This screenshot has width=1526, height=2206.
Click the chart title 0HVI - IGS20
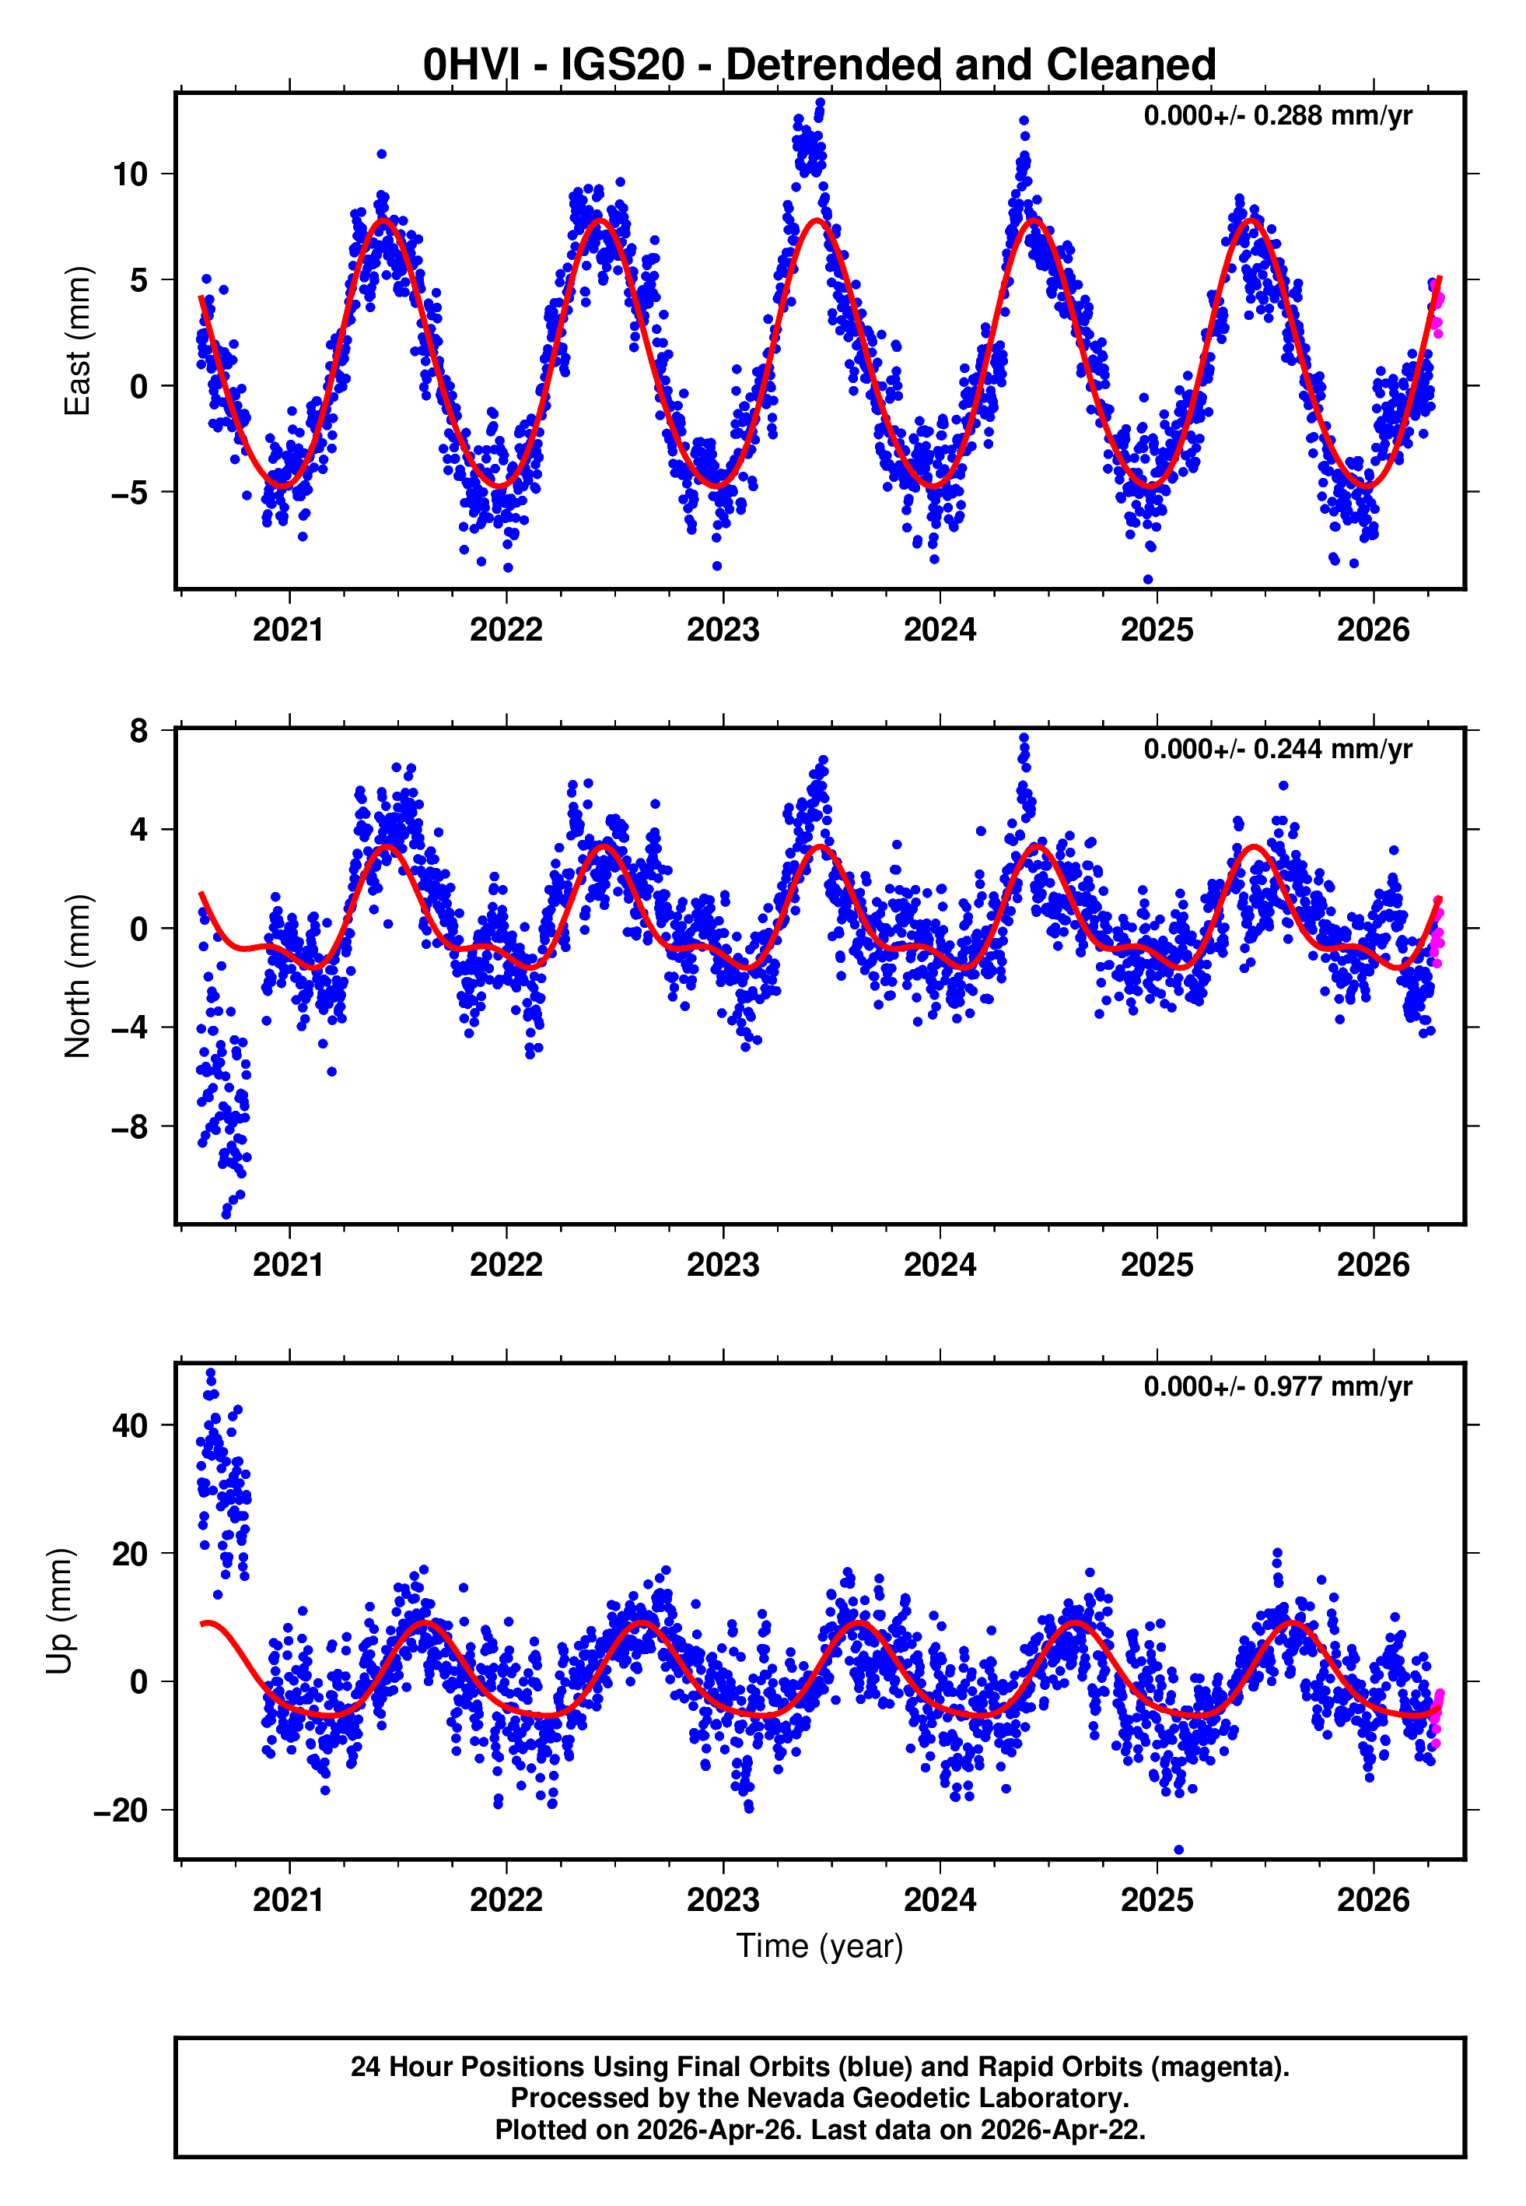[x=820, y=65]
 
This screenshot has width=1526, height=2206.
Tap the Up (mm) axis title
[x=60, y=1611]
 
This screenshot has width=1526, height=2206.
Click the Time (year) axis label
[x=820, y=1947]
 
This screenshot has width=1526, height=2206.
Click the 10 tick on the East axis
[x=130, y=174]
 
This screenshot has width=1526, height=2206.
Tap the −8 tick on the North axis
[x=130, y=1127]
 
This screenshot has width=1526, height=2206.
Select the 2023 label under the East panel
[x=722, y=631]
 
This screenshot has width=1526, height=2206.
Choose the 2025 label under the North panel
[x=1156, y=1266]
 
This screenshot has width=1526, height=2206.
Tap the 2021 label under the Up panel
[x=288, y=1901]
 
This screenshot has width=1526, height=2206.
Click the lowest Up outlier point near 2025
[x=1178, y=1850]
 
